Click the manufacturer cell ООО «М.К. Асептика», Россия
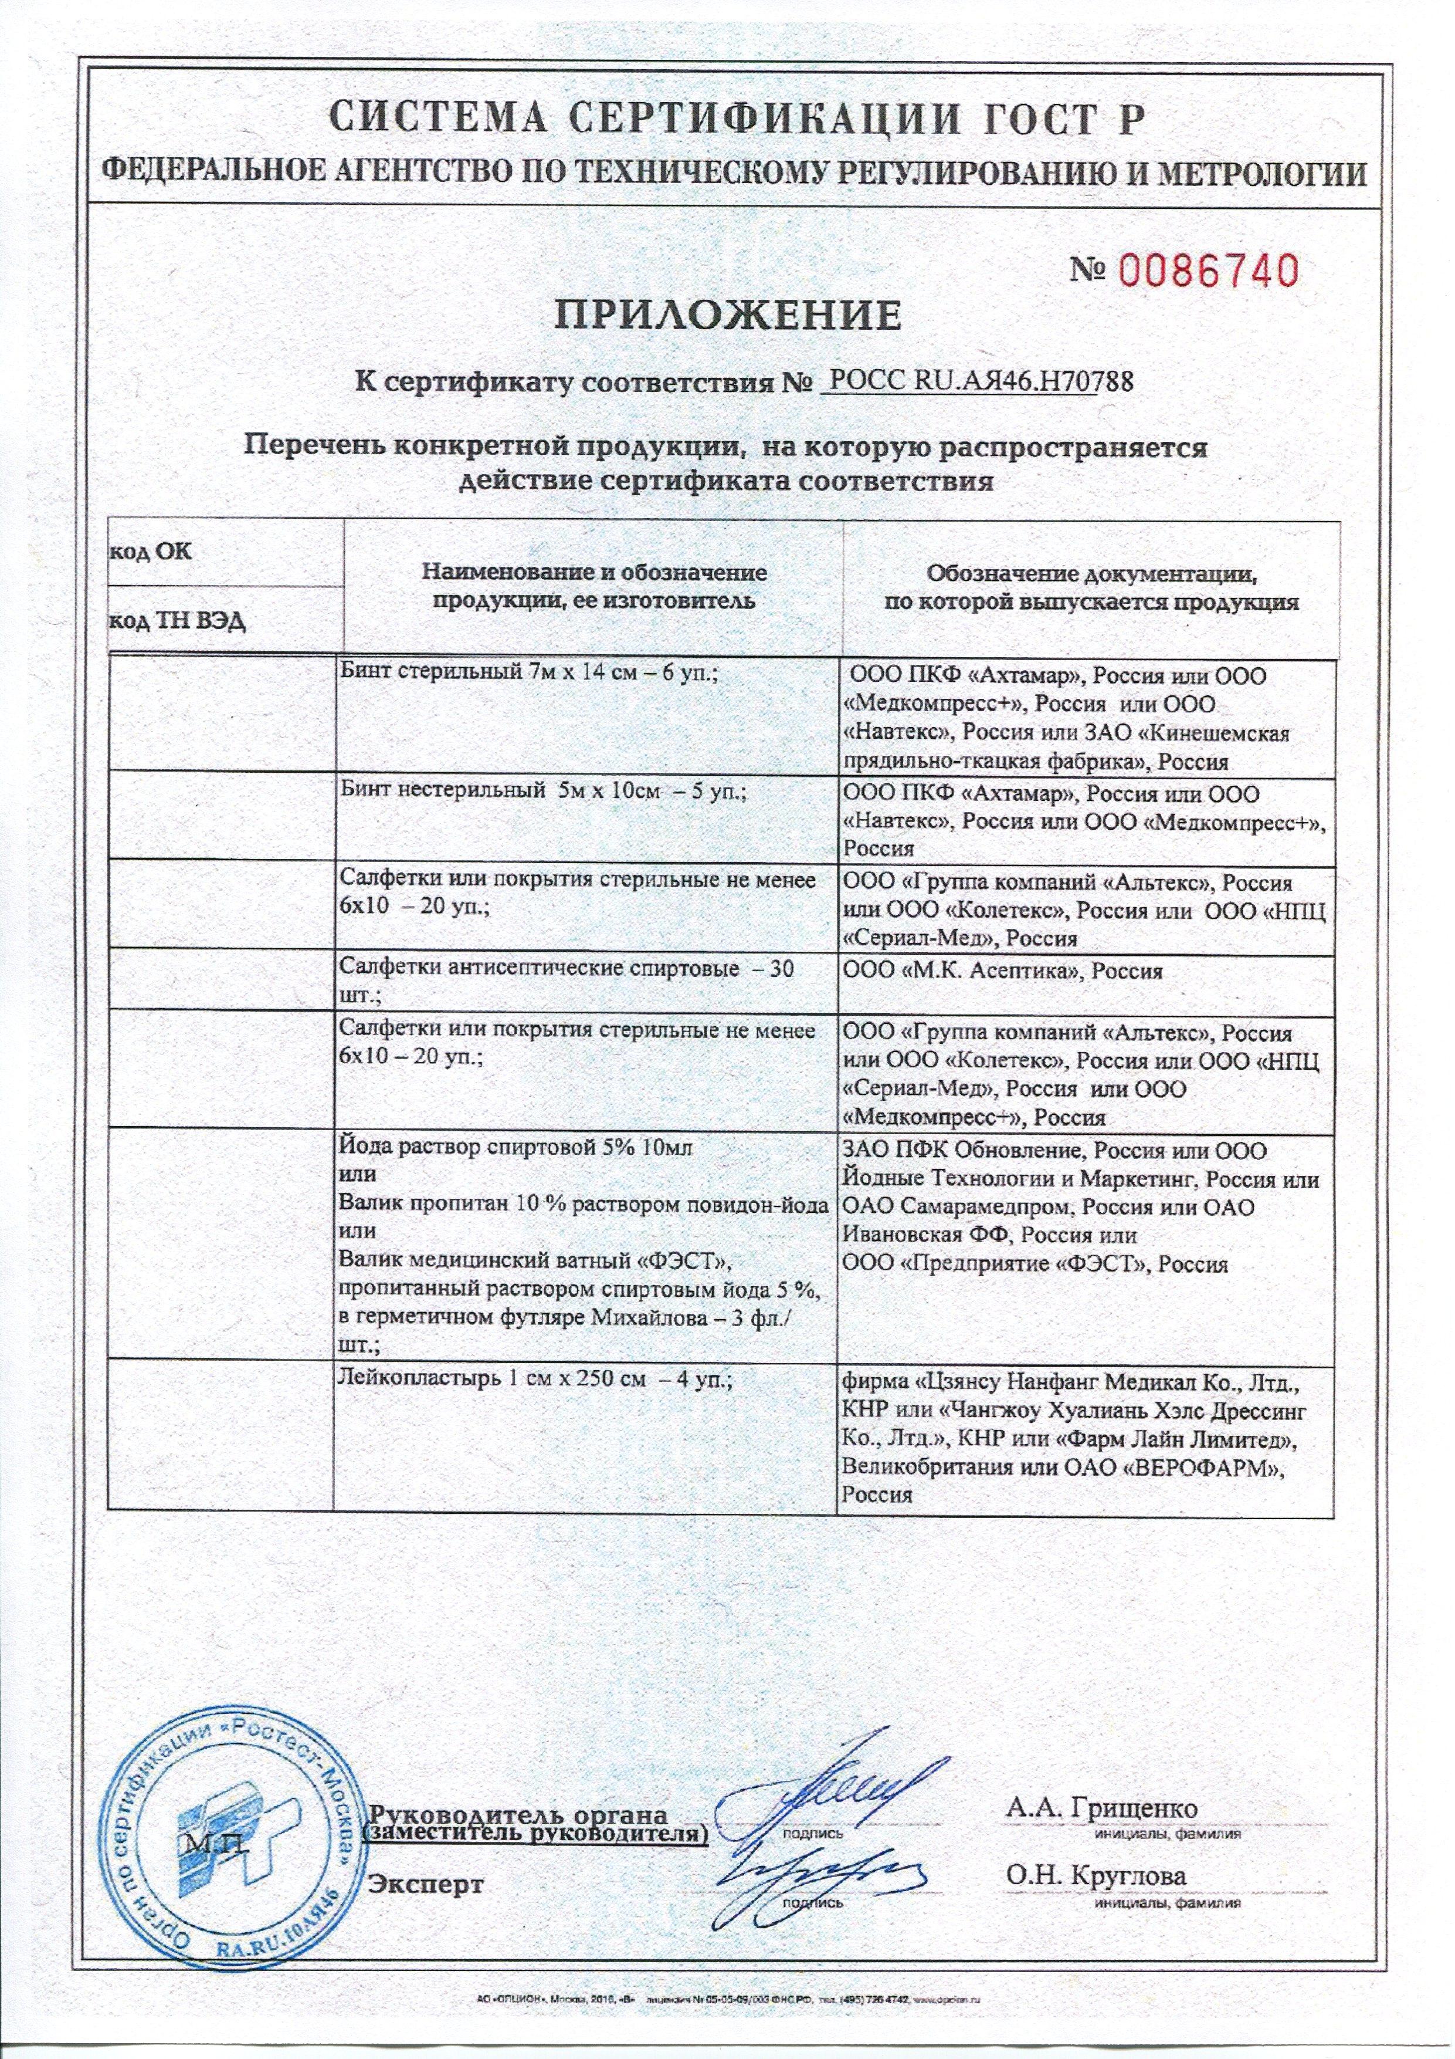1003,971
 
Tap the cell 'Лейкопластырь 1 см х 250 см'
537,1382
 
